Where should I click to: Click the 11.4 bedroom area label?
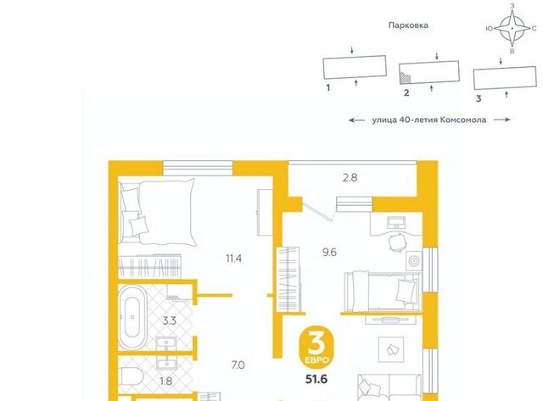(234, 258)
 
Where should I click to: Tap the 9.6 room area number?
(329, 253)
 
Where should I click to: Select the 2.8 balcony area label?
(350, 178)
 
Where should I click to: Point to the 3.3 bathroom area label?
(170, 320)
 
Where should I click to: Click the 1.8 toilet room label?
(166, 381)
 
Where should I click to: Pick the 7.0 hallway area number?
(238, 365)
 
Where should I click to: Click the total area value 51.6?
(316, 379)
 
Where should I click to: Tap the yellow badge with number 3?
(316, 347)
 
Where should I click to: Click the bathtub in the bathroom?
(132, 317)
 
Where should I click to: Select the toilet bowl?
(132, 376)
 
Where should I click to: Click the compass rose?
(512, 28)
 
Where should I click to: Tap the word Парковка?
(408, 25)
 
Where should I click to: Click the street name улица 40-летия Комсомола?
(429, 120)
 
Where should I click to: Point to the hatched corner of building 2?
(406, 78)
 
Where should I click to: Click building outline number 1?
(355, 67)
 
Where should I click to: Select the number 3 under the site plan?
(479, 98)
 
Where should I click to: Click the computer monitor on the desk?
(396, 222)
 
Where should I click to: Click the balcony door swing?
(318, 209)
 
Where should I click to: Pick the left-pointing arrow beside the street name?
(356, 120)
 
